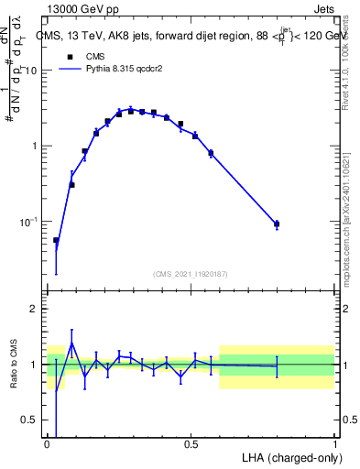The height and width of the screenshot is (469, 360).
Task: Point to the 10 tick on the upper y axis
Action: coord(35,71)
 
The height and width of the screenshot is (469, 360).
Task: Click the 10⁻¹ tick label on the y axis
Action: coord(32,222)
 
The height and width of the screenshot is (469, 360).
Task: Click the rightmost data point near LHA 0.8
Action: coord(277,224)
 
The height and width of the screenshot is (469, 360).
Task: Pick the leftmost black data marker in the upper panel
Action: coord(56,241)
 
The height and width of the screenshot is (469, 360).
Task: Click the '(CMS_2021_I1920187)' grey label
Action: coord(191,274)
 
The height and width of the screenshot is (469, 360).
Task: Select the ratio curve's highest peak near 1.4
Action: coord(71,343)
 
